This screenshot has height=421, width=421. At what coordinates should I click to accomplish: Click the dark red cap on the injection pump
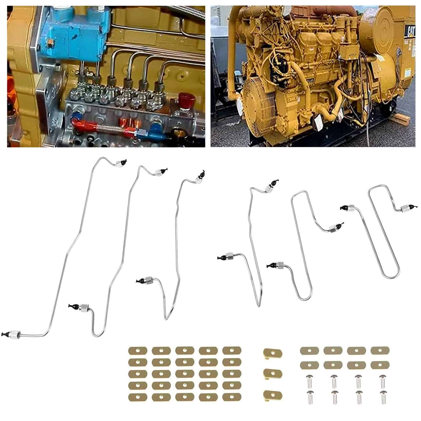tap(187, 99)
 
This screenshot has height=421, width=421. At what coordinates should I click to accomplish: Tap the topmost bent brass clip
tap(273, 352)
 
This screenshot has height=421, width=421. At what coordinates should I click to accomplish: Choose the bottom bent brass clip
tap(273, 394)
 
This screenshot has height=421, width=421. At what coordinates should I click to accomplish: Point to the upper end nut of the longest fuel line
tap(120, 163)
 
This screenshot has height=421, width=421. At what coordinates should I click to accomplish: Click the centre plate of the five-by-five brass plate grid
tap(184, 373)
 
